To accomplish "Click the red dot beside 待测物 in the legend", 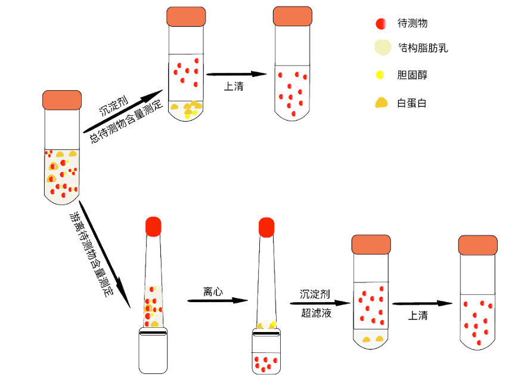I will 380,24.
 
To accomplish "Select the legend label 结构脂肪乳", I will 422,48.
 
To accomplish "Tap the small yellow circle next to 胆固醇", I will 380,75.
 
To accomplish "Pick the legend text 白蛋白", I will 412,103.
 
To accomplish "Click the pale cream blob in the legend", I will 381,47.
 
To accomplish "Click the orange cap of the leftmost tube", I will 62,100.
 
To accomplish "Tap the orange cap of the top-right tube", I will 292,16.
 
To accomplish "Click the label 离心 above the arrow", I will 213,292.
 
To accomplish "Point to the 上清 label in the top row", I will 233,86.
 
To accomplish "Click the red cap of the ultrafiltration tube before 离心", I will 154,226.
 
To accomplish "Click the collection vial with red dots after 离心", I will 266,356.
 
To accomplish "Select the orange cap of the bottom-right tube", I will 477,244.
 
